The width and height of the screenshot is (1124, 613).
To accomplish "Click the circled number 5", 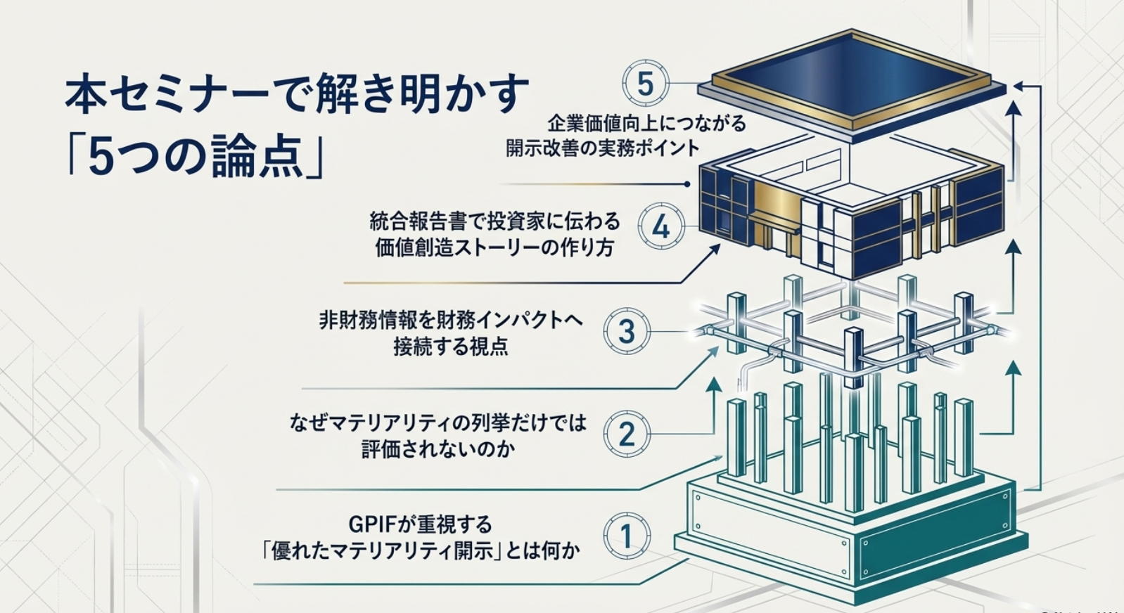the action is (x=645, y=84).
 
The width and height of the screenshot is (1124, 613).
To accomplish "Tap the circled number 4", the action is (x=661, y=226).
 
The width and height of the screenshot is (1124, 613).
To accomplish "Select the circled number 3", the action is (x=627, y=331).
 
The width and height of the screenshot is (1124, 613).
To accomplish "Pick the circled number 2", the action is (x=627, y=434).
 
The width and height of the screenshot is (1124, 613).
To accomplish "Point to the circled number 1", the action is (x=627, y=536).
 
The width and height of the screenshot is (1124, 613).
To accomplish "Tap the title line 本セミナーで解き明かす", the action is (x=296, y=94).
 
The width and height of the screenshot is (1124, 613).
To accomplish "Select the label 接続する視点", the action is (x=450, y=347).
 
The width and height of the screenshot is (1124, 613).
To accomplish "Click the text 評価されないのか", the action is (x=438, y=449).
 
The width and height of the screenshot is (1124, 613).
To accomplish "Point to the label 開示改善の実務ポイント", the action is (x=603, y=148).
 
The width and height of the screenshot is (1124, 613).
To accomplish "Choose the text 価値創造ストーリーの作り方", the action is (x=494, y=247).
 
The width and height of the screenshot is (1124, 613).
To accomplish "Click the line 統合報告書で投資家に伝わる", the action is (x=495, y=221).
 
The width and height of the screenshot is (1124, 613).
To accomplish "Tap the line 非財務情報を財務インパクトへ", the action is (x=451, y=321).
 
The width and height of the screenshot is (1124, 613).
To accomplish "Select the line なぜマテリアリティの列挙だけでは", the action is (x=438, y=423).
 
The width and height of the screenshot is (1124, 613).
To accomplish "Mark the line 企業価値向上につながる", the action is (x=646, y=124).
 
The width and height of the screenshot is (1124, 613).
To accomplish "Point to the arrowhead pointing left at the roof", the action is (x=1018, y=85).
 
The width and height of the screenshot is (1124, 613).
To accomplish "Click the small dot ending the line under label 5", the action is (x=687, y=184).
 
